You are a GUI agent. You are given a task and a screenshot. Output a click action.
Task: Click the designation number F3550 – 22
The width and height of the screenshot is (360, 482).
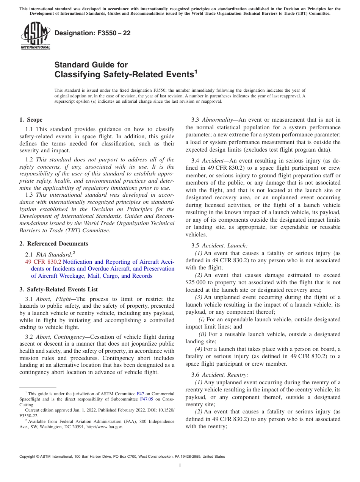(92, 33)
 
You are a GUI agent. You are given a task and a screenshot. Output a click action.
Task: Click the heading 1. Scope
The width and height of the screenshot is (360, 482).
(31, 120)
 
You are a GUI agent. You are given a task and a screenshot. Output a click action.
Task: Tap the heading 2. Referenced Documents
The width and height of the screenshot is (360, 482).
(53, 244)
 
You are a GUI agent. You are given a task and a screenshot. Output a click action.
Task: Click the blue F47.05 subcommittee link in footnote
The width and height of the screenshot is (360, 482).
(146, 399)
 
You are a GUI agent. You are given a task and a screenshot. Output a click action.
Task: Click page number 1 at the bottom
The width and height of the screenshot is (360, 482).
(180, 466)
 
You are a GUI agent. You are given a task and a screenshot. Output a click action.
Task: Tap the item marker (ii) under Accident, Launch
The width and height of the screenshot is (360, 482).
(203, 334)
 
